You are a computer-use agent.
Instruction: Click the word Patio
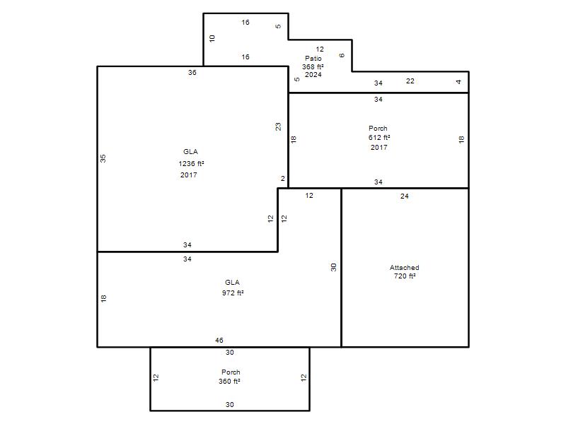pos(313,58)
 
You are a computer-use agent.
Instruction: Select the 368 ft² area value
pos(313,66)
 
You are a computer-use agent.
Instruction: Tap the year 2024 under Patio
pos(313,75)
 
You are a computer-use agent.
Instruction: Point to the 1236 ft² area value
pos(191,163)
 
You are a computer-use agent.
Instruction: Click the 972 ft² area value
pos(233,293)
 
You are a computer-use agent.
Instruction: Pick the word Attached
pos(404,268)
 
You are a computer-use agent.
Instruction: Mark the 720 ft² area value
pos(404,276)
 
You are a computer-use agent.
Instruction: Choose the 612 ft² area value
pos(379,137)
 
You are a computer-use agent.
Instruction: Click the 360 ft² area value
pos(229,381)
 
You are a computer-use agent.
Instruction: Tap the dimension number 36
pos(192,73)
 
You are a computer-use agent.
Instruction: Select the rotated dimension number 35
pos(103,158)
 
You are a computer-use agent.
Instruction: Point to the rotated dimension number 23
pos(278,126)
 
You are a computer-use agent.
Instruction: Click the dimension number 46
pos(219,340)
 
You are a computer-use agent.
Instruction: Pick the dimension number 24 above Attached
pos(404,196)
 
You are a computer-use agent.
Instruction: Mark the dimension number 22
pos(410,81)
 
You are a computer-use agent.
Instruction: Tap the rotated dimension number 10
pos(212,38)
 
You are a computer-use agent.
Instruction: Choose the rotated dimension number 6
pos(342,55)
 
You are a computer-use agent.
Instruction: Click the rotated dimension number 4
pos(458,82)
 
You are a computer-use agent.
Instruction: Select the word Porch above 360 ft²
pos(231,372)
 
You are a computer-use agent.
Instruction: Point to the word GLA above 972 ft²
pos(232,282)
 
